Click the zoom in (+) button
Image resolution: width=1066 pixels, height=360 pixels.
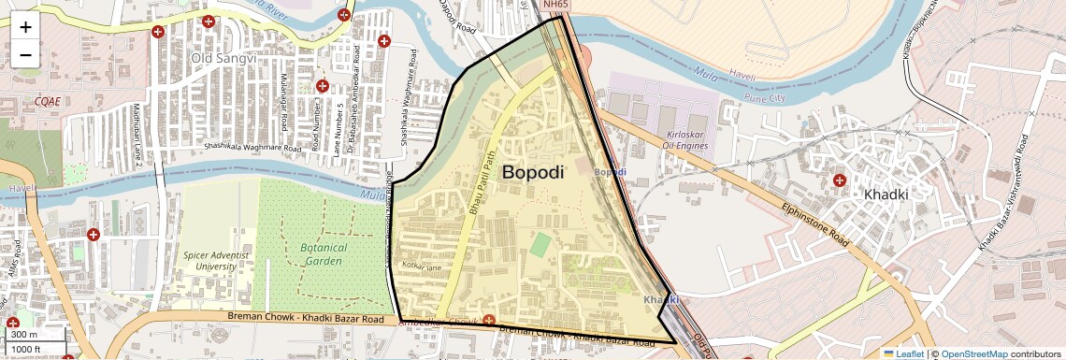[25, 27]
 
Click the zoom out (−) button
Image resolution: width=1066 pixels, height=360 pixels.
[25, 54]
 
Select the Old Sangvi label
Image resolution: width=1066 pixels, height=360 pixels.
[217, 58]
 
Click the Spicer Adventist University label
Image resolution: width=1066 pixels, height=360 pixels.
[209, 260]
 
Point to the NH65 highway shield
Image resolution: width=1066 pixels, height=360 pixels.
[555, 5]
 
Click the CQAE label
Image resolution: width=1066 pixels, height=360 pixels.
[47, 100]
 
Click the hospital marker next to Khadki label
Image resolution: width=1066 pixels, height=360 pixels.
[839, 180]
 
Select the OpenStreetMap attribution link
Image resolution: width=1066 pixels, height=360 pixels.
[974, 353]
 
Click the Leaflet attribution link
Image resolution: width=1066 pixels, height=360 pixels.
[904, 353]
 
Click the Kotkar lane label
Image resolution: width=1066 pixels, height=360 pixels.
[421, 267]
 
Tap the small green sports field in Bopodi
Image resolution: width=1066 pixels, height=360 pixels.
[540, 245]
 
